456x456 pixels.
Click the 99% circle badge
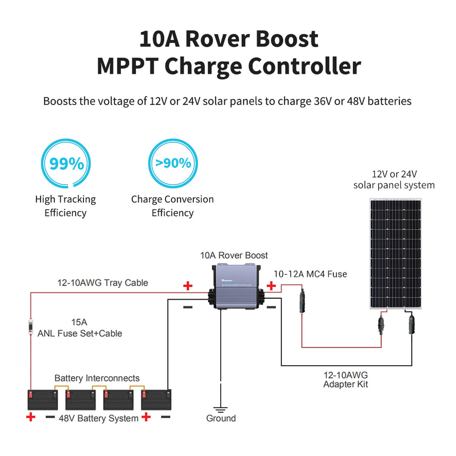point(66,164)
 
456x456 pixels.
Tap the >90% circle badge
point(173,164)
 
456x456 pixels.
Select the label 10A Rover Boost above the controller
point(234,255)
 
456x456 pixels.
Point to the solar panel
point(395,254)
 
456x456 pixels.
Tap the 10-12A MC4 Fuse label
point(310,274)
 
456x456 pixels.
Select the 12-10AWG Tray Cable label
point(103,283)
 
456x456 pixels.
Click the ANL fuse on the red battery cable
point(31,327)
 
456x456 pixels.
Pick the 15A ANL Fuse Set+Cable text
point(80,328)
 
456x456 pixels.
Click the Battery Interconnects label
point(97,378)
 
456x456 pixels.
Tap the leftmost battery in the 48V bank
point(43,400)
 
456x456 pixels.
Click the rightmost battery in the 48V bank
point(156,400)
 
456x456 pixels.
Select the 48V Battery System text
point(98,418)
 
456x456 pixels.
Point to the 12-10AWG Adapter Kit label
point(346,379)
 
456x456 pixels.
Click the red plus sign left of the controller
point(188,286)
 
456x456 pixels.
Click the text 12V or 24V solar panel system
point(394,180)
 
